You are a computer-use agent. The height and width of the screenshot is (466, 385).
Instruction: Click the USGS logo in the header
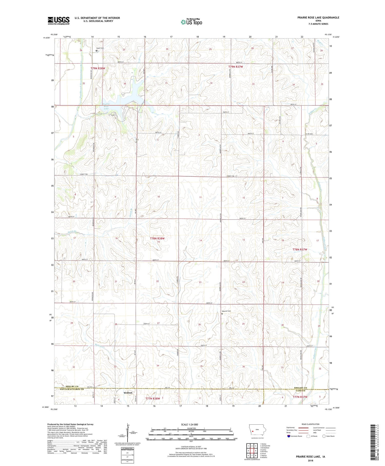point(59,21)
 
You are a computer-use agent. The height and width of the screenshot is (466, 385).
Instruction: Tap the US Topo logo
point(191,22)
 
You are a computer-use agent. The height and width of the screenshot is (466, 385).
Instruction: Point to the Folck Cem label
point(100,48)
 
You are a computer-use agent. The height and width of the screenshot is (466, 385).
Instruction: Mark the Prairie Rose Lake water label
point(106,106)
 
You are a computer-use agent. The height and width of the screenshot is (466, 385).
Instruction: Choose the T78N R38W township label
point(157,238)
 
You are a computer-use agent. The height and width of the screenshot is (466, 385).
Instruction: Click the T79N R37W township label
point(235,67)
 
